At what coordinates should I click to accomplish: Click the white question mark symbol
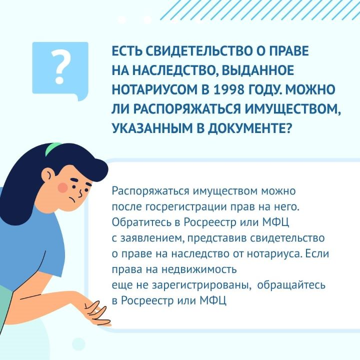[60, 67]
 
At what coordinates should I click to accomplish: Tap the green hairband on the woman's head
[53, 148]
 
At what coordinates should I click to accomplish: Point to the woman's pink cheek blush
[63, 187]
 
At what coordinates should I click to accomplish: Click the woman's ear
[48, 175]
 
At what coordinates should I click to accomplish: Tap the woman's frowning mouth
[73, 199]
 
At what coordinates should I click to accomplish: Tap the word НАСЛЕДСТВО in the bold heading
[175, 70]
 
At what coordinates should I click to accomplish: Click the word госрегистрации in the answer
[186, 207]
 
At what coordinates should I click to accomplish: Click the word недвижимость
[199, 269]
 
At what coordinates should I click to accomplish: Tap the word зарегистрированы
[201, 285]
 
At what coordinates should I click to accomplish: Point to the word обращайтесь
[291, 285]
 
